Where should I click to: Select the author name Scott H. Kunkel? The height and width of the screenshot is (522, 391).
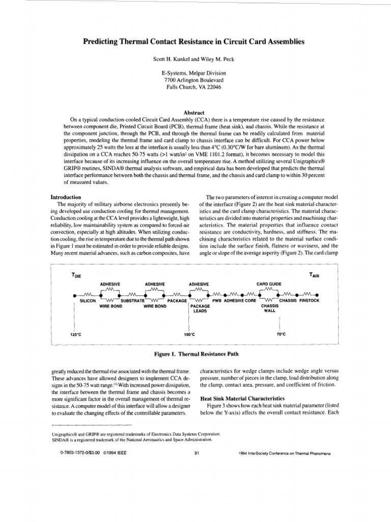click(x=173, y=59)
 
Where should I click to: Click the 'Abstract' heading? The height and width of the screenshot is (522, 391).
click(x=195, y=112)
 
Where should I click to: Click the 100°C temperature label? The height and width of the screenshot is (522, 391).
click(x=189, y=334)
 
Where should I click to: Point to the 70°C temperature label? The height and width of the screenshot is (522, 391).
click(x=281, y=334)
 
